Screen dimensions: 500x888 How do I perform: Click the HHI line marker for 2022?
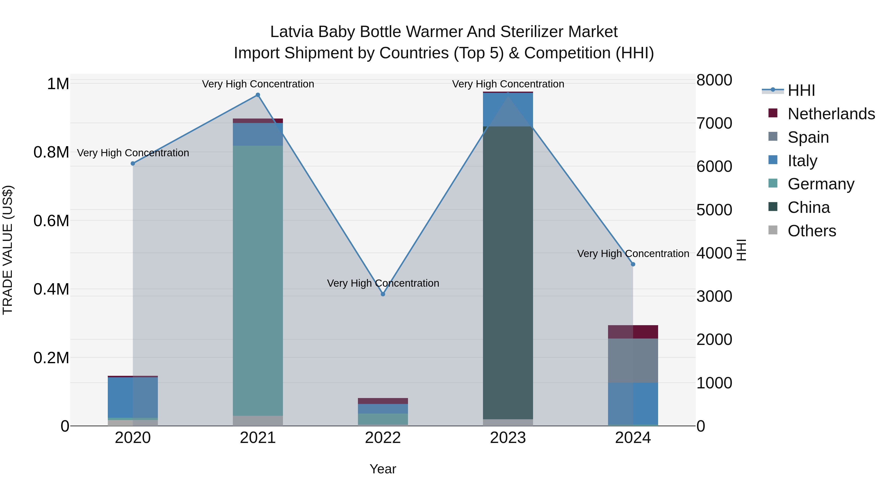pos(383,294)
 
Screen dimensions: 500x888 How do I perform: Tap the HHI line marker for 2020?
pos(133,163)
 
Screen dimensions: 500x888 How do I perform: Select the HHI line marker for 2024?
pos(633,264)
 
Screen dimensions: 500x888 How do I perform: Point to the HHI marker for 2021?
pos(258,95)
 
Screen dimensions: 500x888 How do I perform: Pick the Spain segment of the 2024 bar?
pos(633,360)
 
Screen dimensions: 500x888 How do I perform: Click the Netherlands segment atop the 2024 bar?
pos(633,332)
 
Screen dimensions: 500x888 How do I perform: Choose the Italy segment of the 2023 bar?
pos(508,109)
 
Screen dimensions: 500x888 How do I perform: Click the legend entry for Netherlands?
pos(831,114)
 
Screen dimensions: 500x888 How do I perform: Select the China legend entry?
pos(808,207)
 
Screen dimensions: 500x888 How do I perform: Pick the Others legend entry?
pos(812,231)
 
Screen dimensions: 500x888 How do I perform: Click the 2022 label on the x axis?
pos(383,438)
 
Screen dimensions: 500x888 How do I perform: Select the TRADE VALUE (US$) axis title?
pos(8,250)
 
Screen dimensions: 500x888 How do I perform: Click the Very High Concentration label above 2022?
pos(383,283)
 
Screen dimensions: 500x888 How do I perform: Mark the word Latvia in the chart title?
pos(291,32)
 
